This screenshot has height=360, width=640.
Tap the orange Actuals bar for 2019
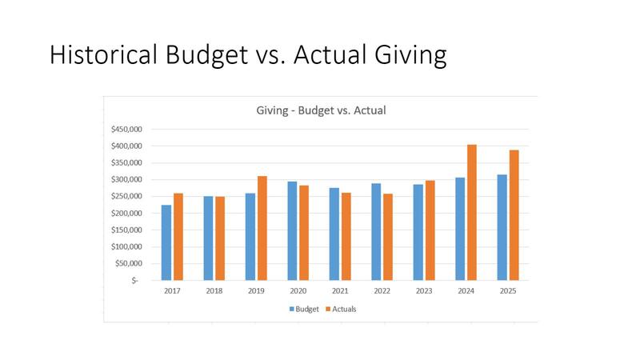pos(262,228)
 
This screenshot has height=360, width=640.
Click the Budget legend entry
pos(303,309)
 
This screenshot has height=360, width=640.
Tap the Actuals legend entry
pos(339,309)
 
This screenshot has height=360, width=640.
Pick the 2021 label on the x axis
pos(340,291)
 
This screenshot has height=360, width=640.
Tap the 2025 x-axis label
pos(507,291)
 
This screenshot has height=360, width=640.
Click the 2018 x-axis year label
pos(214,291)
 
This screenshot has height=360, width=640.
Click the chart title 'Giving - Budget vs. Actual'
pos(321,110)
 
